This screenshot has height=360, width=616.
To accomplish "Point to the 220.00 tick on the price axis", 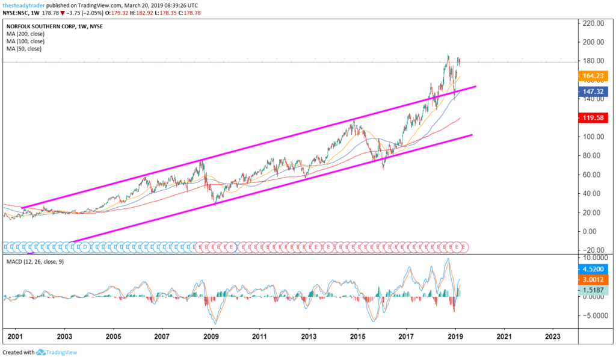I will coord(593,23).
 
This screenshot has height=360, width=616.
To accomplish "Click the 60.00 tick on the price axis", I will coord(593,175).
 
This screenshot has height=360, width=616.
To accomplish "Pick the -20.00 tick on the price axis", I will coord(593,250).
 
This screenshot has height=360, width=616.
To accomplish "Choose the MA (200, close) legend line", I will coord(28,34).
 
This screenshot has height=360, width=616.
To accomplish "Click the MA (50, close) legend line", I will coord(26,48).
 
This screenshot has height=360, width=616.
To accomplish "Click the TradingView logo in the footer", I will coord(57,352).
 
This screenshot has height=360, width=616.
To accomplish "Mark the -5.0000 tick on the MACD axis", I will coord(593,315).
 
